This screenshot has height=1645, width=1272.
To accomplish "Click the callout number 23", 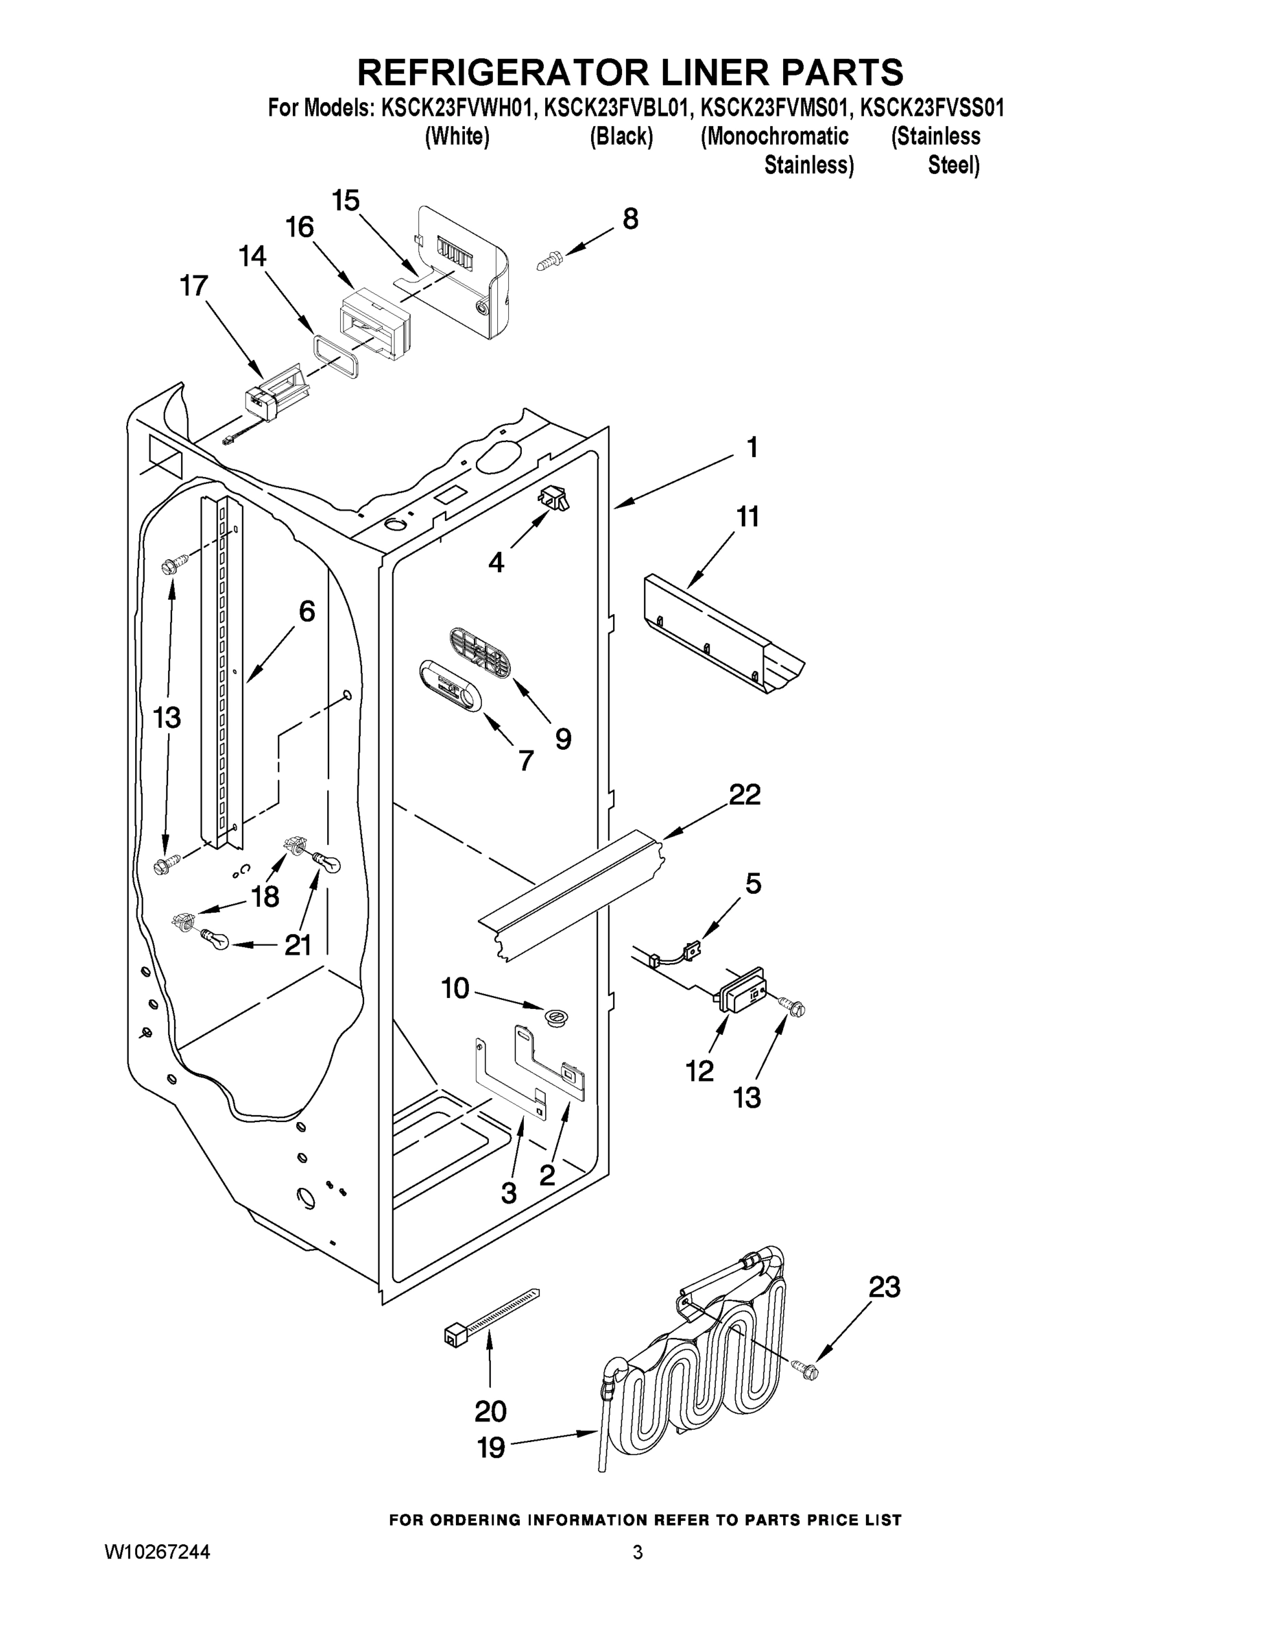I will [x=884, y=1287].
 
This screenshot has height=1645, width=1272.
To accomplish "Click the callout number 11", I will [x=747, y=517].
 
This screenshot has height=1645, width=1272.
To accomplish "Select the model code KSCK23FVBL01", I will [x=616, y=108].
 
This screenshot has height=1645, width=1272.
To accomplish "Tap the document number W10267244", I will [x=157, y=1552].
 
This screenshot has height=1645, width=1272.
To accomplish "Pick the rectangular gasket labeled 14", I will [x=335, y=357].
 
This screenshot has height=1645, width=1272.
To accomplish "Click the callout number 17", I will [x=193, y=287].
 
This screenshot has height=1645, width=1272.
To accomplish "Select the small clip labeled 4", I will [x=554, y=498].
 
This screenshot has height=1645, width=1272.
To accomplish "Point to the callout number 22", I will [x=745, y=794].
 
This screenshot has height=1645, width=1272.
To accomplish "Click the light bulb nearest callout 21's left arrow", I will [x=212, y=941].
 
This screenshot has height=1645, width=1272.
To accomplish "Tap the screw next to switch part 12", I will [x=793, y=1005].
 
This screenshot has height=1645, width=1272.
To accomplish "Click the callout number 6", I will [x=307, y=611].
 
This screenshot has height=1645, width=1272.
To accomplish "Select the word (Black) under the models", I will [x=621, y=137].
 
